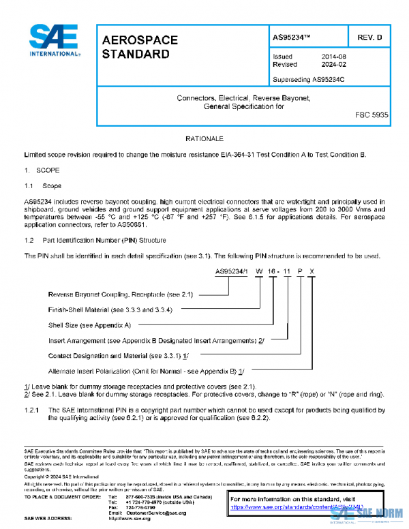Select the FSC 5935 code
point(372,116)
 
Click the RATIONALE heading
point(204,138)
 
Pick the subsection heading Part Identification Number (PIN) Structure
point(105,240)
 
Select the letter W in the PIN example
point(260,271)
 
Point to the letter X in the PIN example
point(312,271)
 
